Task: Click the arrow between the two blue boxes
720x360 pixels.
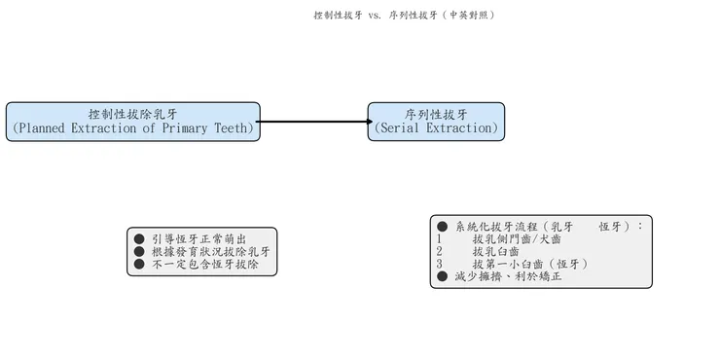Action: pos(311,122)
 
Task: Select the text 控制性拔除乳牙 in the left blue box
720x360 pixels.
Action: pos(132,114)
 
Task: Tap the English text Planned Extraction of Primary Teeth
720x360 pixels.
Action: pos(132,128)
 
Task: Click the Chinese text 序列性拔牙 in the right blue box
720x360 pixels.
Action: pos(436,114)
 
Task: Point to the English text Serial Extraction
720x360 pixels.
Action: pos(436,128)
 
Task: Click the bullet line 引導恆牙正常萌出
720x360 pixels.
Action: pos(198,238)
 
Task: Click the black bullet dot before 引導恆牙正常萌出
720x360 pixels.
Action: pos(139,238)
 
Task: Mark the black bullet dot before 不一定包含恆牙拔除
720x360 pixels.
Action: pos(139,264)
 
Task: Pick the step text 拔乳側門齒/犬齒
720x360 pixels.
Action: pos(516,238)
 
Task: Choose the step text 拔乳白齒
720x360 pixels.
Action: pos(495,251)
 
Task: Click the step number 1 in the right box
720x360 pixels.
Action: pos(440,238)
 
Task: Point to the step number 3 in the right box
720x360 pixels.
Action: pos(440,264)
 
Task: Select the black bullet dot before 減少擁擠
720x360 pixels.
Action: pos(442,276)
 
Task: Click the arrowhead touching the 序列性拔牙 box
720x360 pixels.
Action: pos(369,122)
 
